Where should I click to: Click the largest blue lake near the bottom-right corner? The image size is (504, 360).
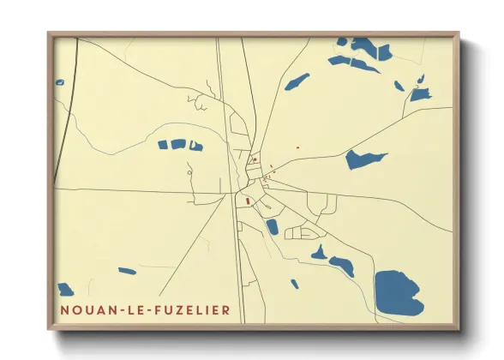point(399,291)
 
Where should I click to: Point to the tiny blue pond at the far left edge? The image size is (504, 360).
point(60,82)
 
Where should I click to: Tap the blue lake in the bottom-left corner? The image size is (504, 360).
point(65,290)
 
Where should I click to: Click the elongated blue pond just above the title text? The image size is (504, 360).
point(127,272)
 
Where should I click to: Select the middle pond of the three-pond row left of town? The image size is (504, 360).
point(178,144)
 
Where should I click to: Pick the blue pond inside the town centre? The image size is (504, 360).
point(272,227)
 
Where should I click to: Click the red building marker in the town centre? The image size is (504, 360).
point(248,202)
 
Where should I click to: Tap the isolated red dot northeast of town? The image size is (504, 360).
point(297,147)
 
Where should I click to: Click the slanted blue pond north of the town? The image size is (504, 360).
point(297,82)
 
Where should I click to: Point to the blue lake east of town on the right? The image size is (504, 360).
point(365,159)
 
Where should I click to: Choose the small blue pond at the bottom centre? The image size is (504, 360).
point(294,284)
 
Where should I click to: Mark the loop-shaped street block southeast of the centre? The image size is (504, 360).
point(302,232)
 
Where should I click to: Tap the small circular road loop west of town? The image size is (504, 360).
point(189,172)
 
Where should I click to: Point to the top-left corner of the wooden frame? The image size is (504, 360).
point(50,34)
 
